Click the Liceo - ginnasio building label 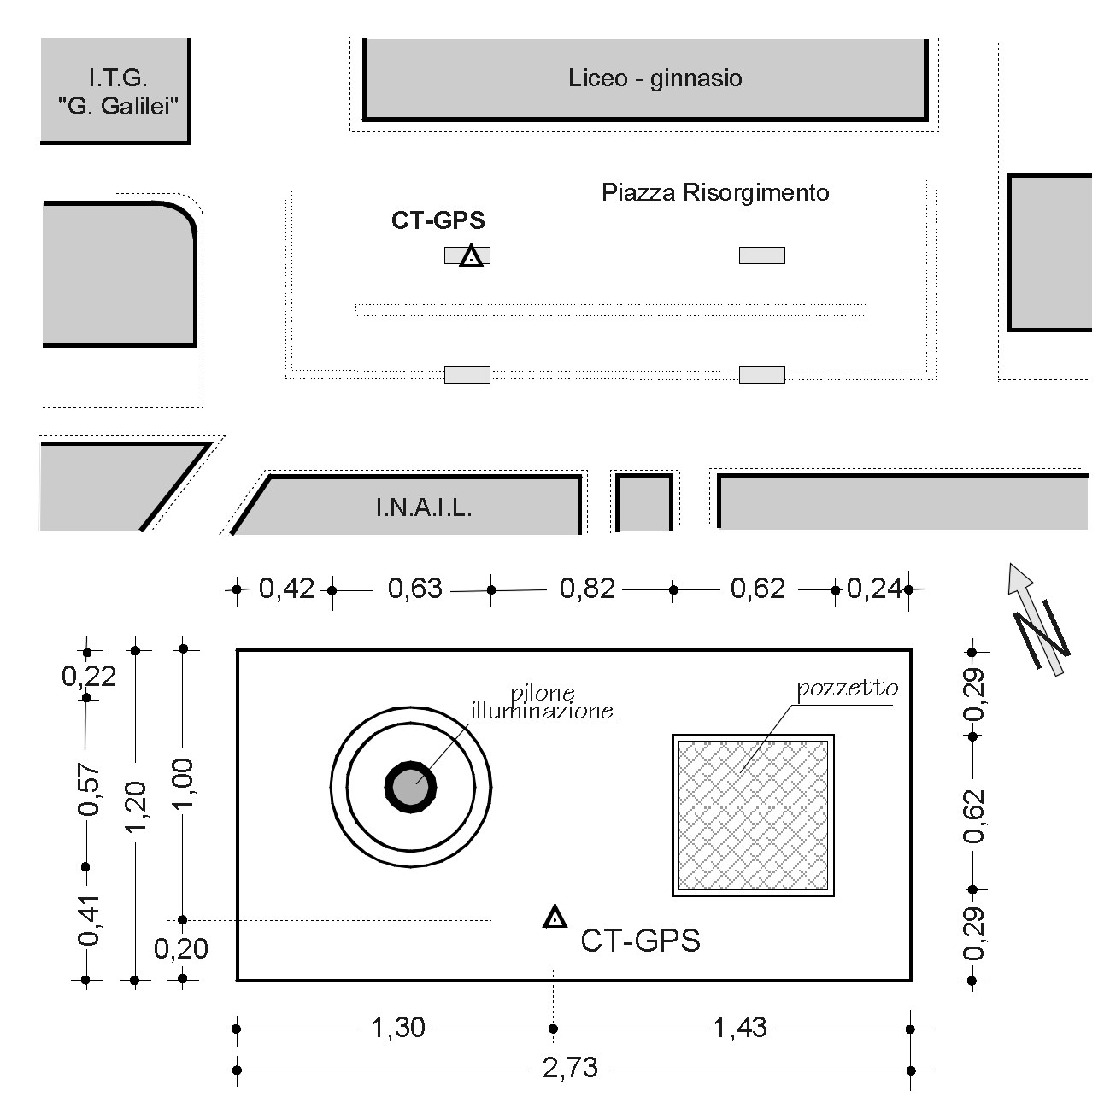(655, 79)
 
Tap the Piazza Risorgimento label (714, 192)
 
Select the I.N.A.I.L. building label (423, 508)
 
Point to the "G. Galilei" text (117, 106)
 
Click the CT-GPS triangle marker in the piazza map (470, 256)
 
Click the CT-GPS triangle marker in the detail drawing (554, 918)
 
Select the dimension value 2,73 (570, 1068)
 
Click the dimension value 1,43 (740, 1028)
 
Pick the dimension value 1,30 (398, 1028)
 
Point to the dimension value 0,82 (587, 588)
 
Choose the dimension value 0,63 (415, 588)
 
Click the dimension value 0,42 (286, 588)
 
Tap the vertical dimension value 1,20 (136, 806)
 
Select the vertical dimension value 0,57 (88, 790)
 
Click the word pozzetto (847, 689)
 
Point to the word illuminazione (542, 711)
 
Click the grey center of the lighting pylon (410, 787)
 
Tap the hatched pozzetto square (753, 815)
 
